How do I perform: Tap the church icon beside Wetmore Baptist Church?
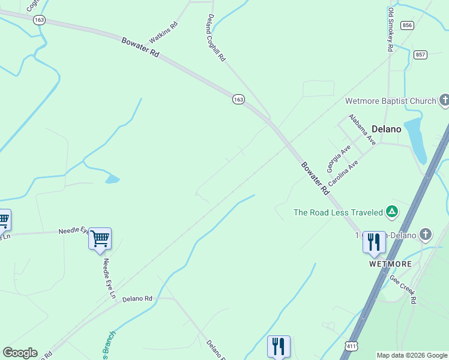coord(444,100)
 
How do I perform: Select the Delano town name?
coord(387,128)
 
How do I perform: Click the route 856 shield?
coord(408,25)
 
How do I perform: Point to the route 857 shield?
coord(420,55)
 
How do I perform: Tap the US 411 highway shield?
coord(352,346)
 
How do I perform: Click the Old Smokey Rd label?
coord(390,29)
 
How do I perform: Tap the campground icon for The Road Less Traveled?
coord(391,212)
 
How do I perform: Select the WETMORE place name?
coord(390,264)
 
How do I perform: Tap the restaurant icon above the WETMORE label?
coord(373,242)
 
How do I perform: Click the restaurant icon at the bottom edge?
coord(278,346)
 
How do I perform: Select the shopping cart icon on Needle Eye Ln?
coord(100,238)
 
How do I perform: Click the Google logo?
coord(20,353)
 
